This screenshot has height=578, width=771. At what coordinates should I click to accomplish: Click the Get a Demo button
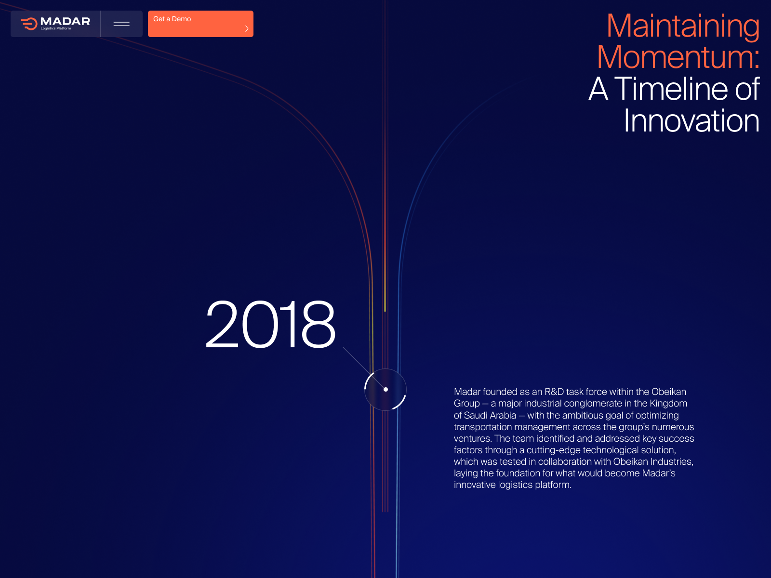pos(200,24)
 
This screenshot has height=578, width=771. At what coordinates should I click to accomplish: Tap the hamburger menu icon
pos(121,24)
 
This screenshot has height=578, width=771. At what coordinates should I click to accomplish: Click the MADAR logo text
pos(65,21)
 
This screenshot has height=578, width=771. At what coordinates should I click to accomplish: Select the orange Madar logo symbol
pos(29,24)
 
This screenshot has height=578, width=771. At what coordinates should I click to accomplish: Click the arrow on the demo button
pos(247,28)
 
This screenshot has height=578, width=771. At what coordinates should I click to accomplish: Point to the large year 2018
pos(270,324)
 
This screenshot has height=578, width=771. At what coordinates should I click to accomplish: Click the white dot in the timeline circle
pos(385,389)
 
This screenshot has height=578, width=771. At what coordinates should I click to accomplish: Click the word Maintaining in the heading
pos(683,26)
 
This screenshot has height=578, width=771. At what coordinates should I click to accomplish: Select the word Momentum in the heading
pos(675,56)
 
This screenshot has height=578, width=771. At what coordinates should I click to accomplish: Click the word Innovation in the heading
pos(691,120)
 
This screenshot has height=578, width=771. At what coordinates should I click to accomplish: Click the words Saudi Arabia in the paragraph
pos(490,415)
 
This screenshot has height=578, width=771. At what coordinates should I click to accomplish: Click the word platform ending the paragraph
pos(553,485)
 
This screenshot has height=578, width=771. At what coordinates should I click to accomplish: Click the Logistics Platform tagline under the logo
pos(56,29)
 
